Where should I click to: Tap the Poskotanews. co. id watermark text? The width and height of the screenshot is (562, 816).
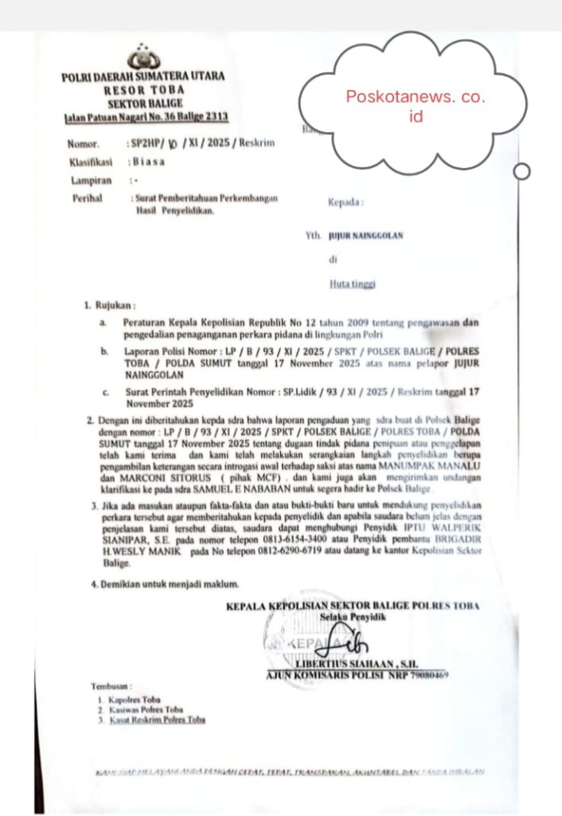pos(415,105)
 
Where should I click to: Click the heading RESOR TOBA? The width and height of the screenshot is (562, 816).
pos(144,91)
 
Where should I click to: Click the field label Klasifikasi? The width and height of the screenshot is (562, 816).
pos(88,163)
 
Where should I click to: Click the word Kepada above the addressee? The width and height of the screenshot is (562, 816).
pos(345,202)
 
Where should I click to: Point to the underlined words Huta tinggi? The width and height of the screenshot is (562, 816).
pos(353,283)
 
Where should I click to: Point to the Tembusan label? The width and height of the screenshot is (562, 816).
pos(109,685)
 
